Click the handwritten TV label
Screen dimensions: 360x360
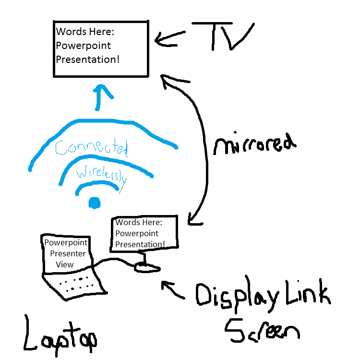tap(222, 36)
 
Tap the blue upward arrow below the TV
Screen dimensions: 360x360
tap(101, 96)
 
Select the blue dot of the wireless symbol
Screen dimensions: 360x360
tap(94, 204)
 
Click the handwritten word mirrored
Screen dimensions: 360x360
tap(253, 144)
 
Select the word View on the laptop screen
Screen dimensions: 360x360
tap(65, 264)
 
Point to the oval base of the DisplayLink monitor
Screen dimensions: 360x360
tap(146, 267)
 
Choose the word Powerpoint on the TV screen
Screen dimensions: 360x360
tap(84, 46)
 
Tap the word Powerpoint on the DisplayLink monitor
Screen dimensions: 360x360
tap(137, 233)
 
